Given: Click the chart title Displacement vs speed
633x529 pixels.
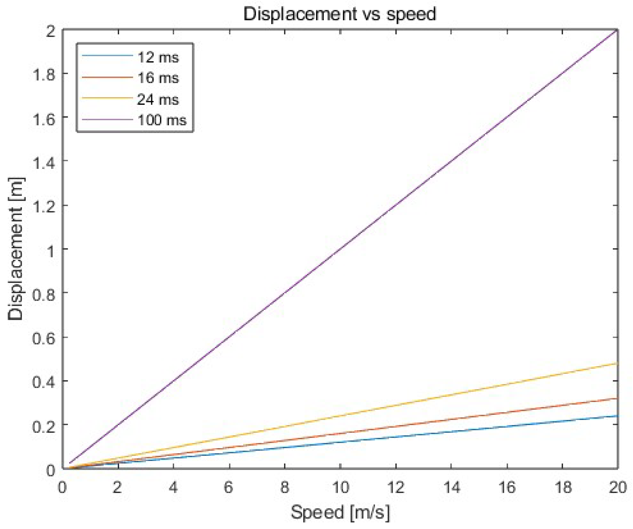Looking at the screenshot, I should click(340, 14).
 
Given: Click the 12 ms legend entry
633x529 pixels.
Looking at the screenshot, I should click(158, 57).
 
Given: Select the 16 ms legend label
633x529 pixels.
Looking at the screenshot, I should click(158, 78).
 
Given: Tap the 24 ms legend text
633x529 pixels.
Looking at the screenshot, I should click(158, 99).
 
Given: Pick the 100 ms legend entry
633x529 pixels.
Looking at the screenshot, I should click(162, 120).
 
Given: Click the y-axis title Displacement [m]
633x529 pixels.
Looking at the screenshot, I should click(16, 249).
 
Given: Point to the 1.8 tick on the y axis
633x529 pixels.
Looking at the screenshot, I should click(44, 75).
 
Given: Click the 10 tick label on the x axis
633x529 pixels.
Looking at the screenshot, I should click(340, 487).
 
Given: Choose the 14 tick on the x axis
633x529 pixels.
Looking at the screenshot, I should click(451, 487).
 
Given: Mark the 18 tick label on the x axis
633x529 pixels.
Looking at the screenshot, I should click(563, 487).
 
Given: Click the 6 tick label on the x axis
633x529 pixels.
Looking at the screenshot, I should click(229, 487).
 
